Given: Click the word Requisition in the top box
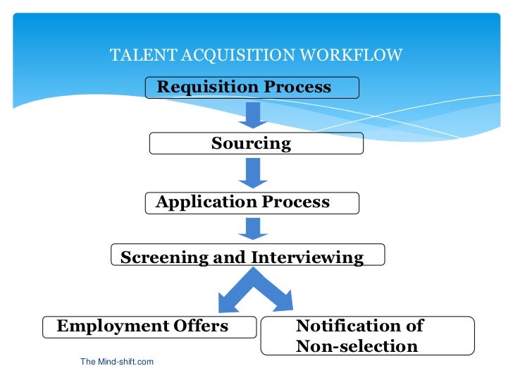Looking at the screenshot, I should pyautogui.click(x=209, y=87).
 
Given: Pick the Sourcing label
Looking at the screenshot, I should pyautogui.click(x=251, y=144).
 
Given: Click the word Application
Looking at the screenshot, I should pyautogui.click(x=207, y=202).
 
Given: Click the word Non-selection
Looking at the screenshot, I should pyautogui.click(x=357, y=346).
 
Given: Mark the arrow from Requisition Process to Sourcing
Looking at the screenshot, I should pyautogui.click(x=252, y=115).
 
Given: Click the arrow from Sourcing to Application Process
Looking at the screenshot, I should pyautogui.click(x=252, y=173).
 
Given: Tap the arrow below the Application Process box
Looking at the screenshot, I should pyautogui.click(x=252, y=228).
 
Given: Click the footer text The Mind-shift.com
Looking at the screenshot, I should pyautogui.click(x=117, y=362).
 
